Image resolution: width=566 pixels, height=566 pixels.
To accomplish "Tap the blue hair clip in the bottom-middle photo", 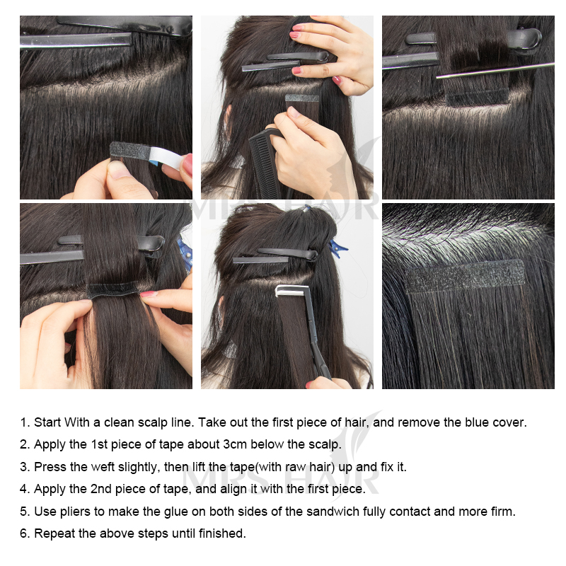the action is [x=337, y=249].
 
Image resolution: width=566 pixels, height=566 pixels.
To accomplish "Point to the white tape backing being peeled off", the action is [x=166, y=156].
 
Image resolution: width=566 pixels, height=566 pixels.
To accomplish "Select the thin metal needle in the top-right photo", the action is [x=495, y=70].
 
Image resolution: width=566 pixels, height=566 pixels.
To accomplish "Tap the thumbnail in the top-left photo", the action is [x=118, y=170].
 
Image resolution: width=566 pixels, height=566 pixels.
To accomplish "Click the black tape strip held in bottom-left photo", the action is [x=115, y=289].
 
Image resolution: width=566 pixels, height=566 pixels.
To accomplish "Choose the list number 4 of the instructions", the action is [x=23, y=489].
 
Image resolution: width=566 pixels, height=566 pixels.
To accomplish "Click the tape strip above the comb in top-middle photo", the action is [x=302, y=98].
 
